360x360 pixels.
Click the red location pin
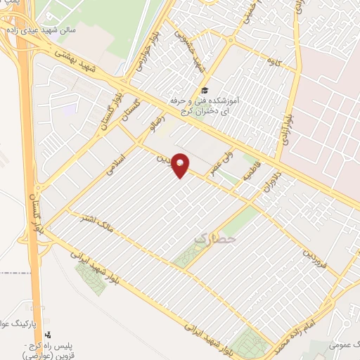point(181,165)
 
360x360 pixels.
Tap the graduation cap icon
point(205,90)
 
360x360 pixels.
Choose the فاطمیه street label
point(250,170)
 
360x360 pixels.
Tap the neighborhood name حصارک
point(212,240)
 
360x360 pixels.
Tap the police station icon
point(49,335)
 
